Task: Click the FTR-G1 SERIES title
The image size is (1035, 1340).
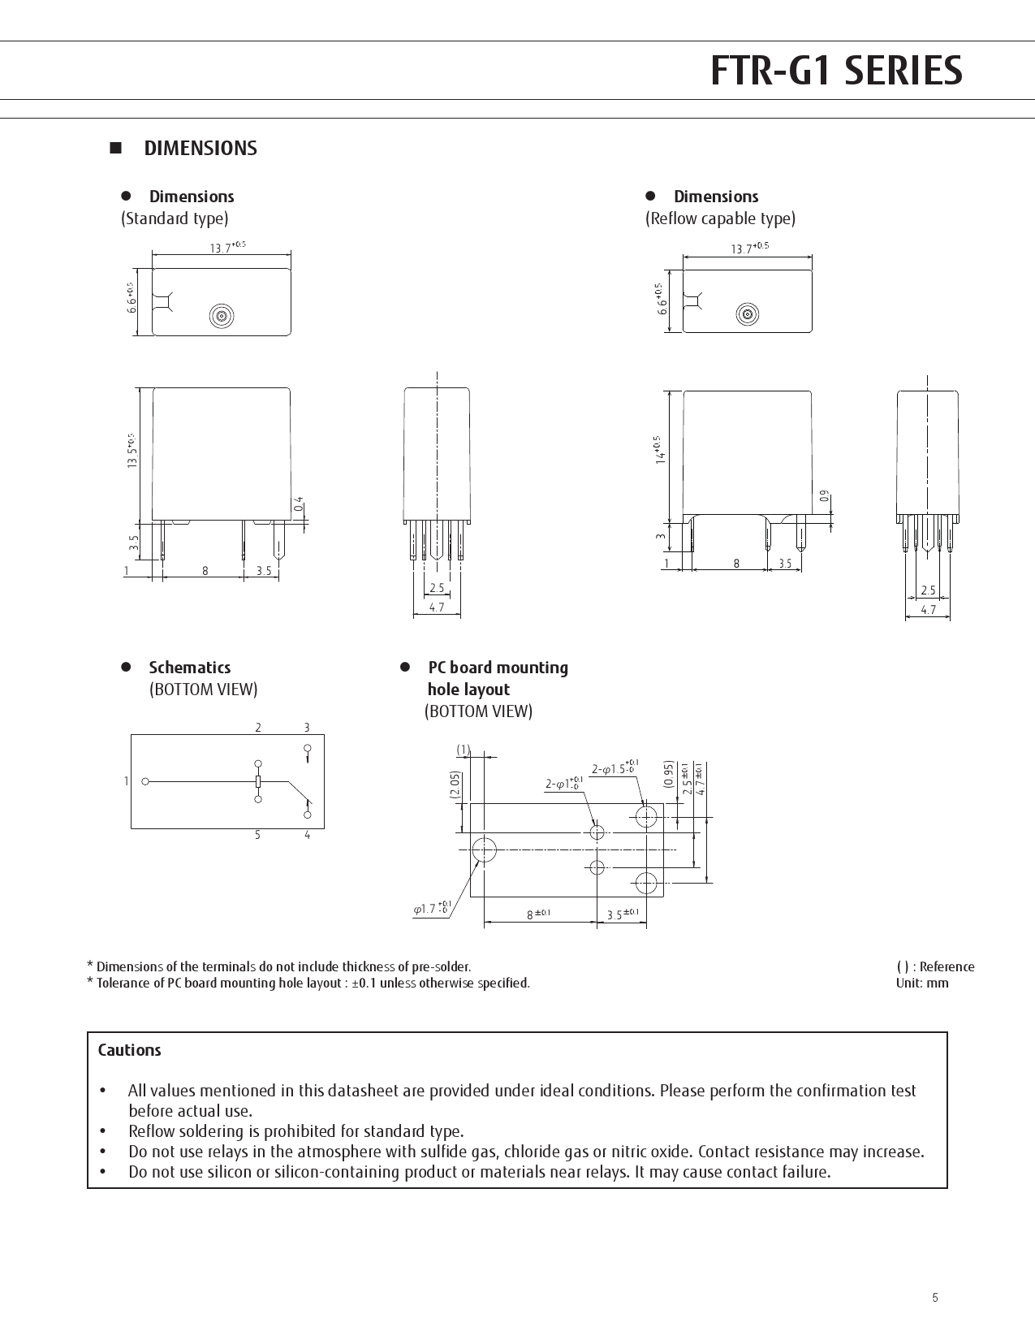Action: (835, 71)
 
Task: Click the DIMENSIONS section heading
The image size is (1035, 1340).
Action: (200, 149)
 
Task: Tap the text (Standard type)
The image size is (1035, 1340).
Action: (175, 218)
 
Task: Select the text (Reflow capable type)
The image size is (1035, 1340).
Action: (720, 218)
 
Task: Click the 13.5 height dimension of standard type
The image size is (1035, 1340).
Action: (132, 451)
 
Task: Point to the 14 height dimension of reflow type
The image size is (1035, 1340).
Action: (659, 449)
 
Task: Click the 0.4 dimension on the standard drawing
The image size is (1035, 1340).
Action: (299, 504)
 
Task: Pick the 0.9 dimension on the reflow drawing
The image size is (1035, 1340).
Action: (825, 495)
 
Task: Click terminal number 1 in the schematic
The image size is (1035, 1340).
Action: (127, 781)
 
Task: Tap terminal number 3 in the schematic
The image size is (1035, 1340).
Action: (307, 728)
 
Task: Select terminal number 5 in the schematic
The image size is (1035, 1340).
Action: (258, 835)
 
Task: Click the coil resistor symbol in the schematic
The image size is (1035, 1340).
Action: (258, 781)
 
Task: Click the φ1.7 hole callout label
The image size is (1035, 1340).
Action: (431, 909)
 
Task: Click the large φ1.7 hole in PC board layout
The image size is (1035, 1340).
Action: (484, 849)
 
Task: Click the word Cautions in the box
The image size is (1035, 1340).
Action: (130, 1050)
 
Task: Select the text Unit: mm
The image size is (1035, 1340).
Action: (921, 983)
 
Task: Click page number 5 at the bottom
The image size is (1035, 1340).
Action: (935, 1298)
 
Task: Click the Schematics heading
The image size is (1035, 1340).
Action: (189, 668)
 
